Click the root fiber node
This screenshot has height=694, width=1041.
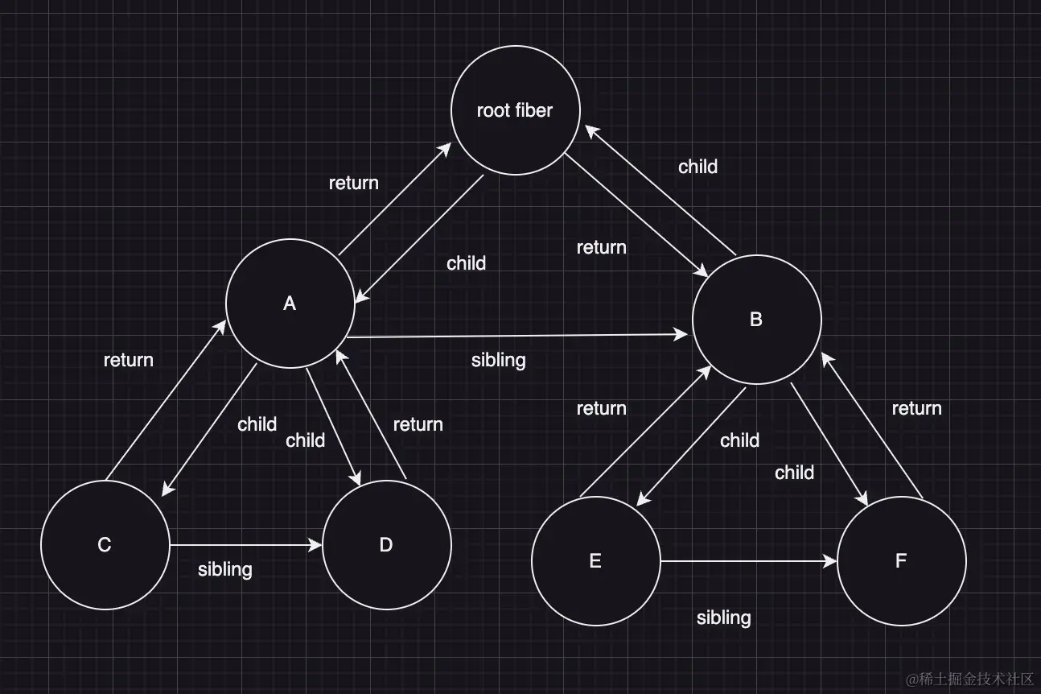(x=515, y=110)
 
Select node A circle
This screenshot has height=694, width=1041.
(x=290, y=304)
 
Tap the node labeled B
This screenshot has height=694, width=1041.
(x=756, y=320)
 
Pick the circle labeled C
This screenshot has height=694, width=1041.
(x=105, y=545)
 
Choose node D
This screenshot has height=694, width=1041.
(x=386, y=545)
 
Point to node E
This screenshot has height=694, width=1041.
(x=595, y=561)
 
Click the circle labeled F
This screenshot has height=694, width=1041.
(x=901, y=561)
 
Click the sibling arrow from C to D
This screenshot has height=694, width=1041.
(x=245, y=545)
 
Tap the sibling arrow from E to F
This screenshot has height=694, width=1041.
(x=748, y=561)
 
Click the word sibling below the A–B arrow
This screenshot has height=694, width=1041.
(x=499, y=360)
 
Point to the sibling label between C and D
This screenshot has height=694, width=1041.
(x=225, y=569)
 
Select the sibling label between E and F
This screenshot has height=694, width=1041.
(x=724, y=618)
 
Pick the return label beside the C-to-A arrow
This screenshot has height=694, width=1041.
(x=129, y=360)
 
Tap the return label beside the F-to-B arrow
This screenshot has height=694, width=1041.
(x=917, y=408)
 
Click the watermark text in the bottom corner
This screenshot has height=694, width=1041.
(x=969, y=679)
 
